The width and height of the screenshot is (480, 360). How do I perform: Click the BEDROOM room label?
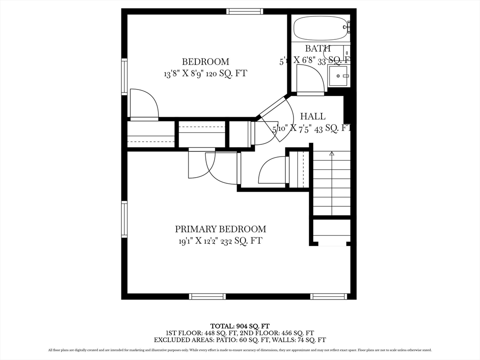tap(205, 61)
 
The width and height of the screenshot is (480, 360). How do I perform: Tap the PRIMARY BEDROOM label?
tap(220, 229)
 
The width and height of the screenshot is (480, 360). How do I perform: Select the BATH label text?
tap(318, 48)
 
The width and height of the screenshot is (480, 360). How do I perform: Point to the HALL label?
tap(313, 116)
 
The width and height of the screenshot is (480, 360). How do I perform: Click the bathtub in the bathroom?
tap(320, 29)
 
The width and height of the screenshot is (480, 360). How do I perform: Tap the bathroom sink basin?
tap(338, 75)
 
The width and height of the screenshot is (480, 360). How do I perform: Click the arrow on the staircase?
tap(332, 154)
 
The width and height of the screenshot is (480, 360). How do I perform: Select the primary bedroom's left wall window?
tap(125, 219)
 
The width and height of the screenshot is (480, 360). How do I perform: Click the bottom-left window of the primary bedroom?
tap(207, 296)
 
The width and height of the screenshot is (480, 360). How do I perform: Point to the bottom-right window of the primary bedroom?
tap(329, 296)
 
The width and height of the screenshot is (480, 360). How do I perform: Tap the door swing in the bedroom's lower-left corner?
tap(143, 104)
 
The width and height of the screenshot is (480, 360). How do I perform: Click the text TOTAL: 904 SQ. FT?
tap(240, 326)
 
